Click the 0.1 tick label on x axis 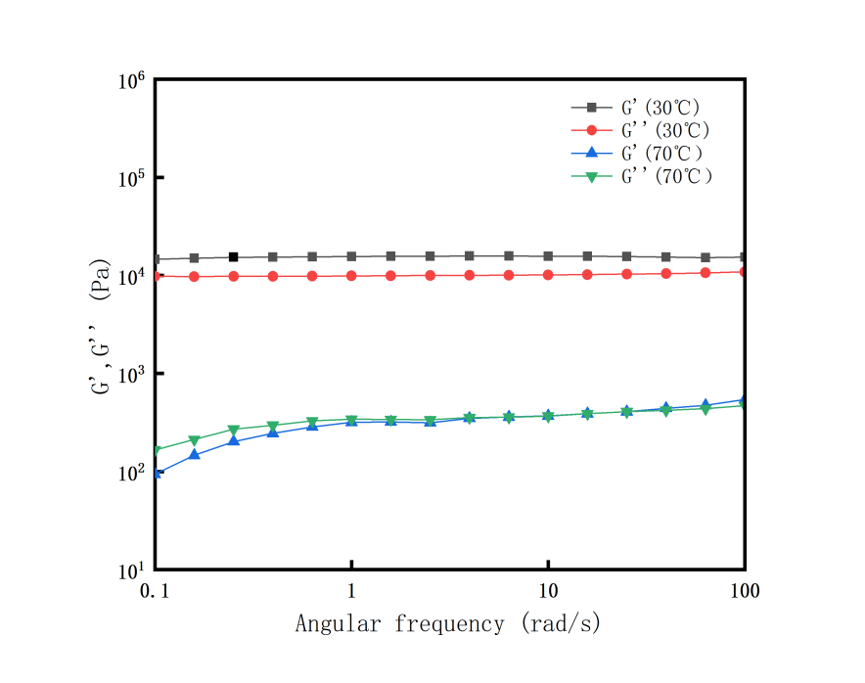pos(157,591)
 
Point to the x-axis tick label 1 pos(352,591)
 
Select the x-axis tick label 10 pos(548,591)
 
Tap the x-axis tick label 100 pos(745,591)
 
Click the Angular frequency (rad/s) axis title pos(447,623)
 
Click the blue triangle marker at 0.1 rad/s pos(157,473)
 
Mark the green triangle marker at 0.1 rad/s pos(157,451)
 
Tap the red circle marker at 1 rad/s pos(352,276)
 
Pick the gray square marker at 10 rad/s pos(548,256)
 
